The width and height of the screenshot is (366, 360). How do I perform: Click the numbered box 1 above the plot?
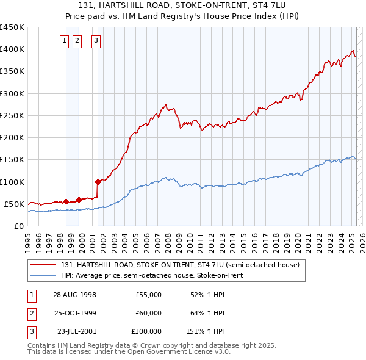pyautogui.click(x=65, y=41)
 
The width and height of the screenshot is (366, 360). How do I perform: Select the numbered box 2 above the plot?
pyautogui.click(x=77, y=41)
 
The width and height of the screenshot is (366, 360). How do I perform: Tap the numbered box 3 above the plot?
pyautogui.click(x=96, y=41)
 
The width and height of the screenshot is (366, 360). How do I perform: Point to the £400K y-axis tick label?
pyautogui.click(x=12, y=49)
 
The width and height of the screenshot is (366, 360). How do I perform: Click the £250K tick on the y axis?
pyautogui.click(x=12, y=115)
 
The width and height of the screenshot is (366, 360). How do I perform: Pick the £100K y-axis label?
pyautogui.click(x=12, y=182)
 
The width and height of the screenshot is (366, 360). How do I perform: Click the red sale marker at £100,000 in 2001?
pyautogui.click(x=98, y=181)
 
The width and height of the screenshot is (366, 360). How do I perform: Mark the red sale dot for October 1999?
pyautogui.click(x=79, y=199)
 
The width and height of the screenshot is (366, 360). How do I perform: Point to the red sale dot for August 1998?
pyautogui.click(x=66, y=201)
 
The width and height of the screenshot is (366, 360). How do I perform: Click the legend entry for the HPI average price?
pyautogui.click(x=159, y=275)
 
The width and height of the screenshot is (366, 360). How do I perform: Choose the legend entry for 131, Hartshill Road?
pyautogui.click(x=180, y=265)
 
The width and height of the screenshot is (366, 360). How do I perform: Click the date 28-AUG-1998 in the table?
pyautogui.click(x=75, y=295)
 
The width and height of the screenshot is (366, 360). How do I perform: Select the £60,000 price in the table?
pyautogui.click(x=148, y=313)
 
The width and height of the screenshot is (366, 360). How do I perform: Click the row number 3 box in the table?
pyautogui.click(x=31, y=331)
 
